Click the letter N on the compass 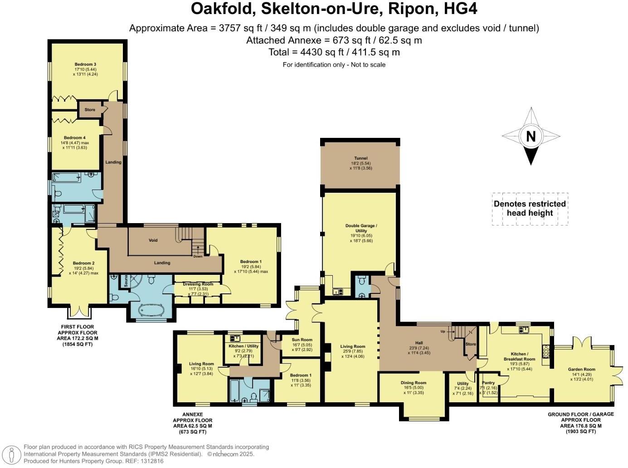click(531, 136)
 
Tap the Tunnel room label click(360, 158)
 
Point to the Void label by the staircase click(153, 240)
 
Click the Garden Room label click(581, 369)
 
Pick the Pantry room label click(488, 383)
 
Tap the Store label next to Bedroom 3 click(90, 110)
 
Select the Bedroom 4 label click(75, 138)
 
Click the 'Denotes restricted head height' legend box click(530, 209)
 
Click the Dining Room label click(414, 383)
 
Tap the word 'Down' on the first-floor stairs click(198, 256)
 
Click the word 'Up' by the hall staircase click(443, 331)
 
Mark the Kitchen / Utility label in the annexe click(243, 346)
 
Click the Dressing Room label click(198, 284)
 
